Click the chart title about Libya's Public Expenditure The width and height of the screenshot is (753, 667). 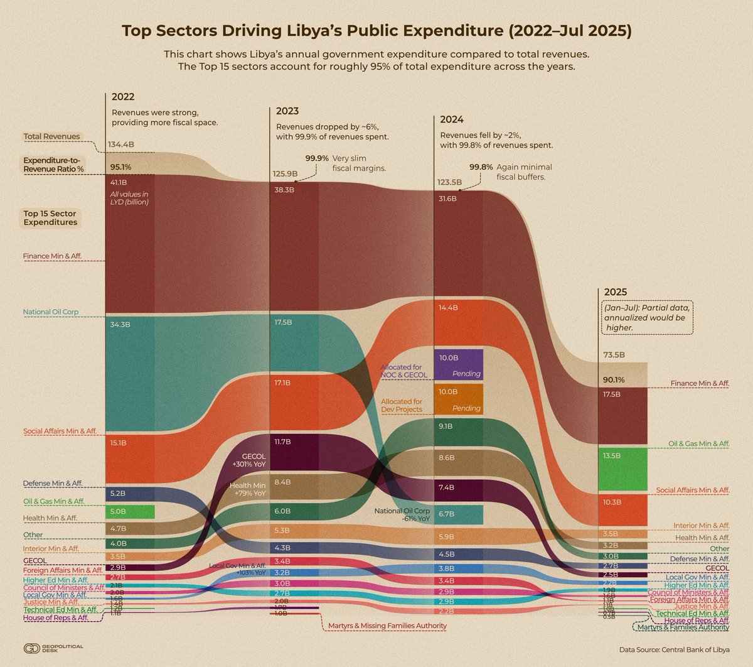376,31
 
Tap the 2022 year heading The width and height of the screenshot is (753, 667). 123,97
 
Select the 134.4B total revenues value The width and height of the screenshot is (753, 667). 121,144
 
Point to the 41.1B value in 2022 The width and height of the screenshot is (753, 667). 119,182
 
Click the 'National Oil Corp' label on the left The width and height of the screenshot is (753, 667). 55,312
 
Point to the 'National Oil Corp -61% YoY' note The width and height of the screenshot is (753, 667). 402,515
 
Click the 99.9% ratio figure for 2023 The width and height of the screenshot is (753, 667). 317,158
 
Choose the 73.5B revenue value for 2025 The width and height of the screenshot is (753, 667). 614,355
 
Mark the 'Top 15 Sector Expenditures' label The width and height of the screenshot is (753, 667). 50,218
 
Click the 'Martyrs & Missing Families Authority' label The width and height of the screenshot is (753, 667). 387,626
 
